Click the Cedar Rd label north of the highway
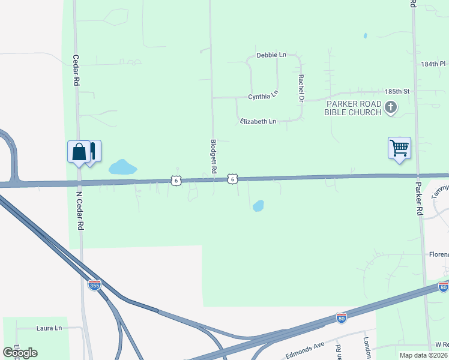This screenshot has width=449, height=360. [x=76, y=70]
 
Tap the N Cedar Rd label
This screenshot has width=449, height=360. [x=80, y=211]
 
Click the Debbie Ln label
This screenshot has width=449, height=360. [x=271, y=55]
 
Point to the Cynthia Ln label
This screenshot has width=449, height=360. [x=264, y=96]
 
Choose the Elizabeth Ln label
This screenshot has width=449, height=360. [x=258, y=121]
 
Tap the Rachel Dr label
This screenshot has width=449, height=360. [x=302, y=88]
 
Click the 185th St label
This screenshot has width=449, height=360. [x=397, y=92]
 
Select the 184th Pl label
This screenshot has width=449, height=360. [x=433, y=64]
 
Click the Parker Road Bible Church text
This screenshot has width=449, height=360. [x=354, y=108]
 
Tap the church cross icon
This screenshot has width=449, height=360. [x=391, y=108]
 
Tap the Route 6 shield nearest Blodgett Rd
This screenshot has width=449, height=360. [x=233, y=179]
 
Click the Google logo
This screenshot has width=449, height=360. [x=20, y=353]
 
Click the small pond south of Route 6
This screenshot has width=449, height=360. [x=259, y=206]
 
